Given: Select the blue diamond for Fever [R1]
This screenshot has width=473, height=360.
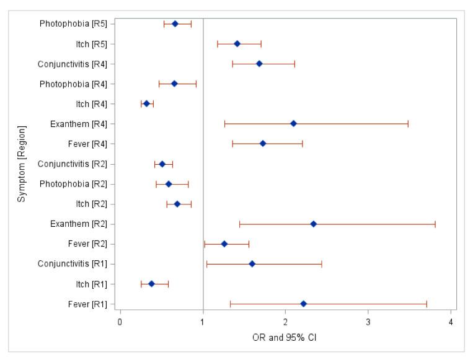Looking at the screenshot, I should (303, 304).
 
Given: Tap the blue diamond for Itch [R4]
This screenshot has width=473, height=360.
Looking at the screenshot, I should (146, 103).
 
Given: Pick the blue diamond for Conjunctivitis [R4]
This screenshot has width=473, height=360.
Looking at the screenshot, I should (259, 64).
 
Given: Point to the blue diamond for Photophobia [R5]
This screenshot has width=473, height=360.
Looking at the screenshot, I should (175, 24).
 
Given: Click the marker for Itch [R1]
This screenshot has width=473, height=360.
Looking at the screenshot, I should (151, 284).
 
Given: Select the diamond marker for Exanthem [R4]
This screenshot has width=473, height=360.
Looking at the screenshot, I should (293, 123).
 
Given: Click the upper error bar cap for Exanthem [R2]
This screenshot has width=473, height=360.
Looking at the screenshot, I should (435, 224).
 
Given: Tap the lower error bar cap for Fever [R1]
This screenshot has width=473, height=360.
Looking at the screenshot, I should (230, 304).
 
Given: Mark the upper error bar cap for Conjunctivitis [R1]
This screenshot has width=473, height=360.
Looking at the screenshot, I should (322, 264).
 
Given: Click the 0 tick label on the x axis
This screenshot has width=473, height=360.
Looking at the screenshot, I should (120, 322).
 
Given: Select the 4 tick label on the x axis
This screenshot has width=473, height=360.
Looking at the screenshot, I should (451, 322).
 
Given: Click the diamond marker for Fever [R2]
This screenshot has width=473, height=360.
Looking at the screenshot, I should (224, 244).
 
